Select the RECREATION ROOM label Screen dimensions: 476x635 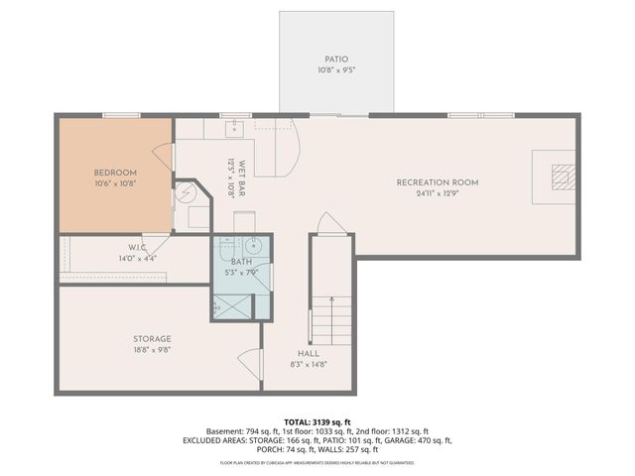pyautogui.click(x=438, y=182)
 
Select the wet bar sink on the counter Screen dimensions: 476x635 pyautogui.click(x=235, y=127)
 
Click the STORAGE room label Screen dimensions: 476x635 pyautogui.click(x=153, y=338)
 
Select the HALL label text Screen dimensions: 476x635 pyautogui.click(x=309, y=353)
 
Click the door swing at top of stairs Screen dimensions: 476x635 pyautogui.click(x=328, y=224)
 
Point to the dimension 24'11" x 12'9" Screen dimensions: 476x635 pyautogui.click(x=438, y=194)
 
